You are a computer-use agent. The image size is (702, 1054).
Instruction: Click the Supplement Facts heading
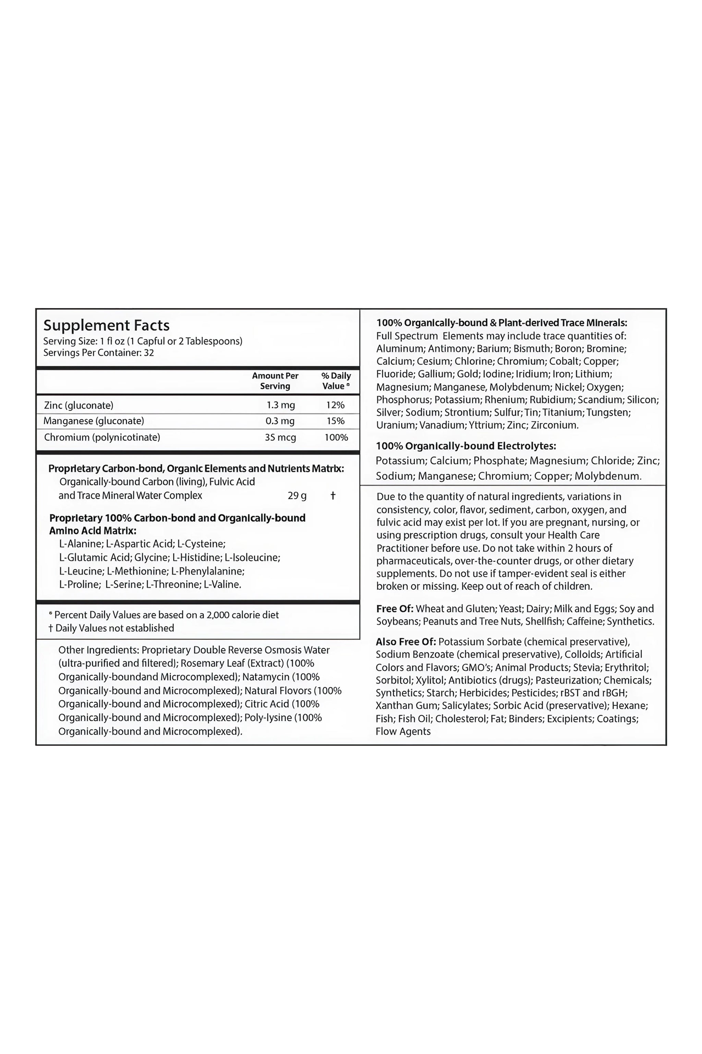pyautogui.click(x=106, y=325)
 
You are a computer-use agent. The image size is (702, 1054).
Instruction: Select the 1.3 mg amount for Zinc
pyautogui.click(x=281, y=405)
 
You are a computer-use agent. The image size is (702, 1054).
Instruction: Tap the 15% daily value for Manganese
pyautogui.click(x=335, y=421)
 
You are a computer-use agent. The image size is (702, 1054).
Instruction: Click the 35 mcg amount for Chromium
pyautogui.click(x=280, y=437)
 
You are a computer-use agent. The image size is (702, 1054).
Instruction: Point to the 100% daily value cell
pyautogui.click(x=336, y=437)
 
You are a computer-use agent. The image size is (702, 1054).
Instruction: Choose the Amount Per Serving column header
pyautogui.click(x=275, y=381)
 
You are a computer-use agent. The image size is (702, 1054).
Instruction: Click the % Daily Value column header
pyautogui.click(x=336, y=381)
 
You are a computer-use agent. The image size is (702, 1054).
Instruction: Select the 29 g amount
pyautogui.click(x=297, y=496)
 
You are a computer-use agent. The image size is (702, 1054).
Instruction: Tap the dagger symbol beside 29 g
pyautogui.click(x=332, y=495)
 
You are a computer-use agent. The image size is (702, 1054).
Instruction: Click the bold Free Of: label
pyautogui.click(x=395, y=609)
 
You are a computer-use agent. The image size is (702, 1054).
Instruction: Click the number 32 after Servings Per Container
pyautogui.click(x=149, y=353)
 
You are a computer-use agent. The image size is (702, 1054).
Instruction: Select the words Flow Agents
pyautogui.click(x=403, y=731)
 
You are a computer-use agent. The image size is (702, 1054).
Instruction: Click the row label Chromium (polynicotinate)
pyautogui.click(x=102, y=437)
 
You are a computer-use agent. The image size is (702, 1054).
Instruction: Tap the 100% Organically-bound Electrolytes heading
pyautogui.click(x=465, y=446)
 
